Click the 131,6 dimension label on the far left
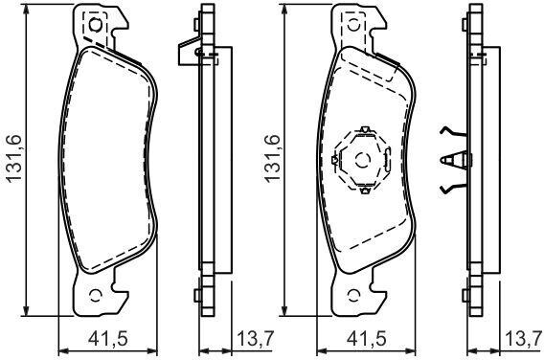(14, 158)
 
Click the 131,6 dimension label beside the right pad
(272, 158)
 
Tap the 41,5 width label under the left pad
(108, 339)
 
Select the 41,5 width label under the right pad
(367, 339)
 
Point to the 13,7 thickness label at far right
(524, 339)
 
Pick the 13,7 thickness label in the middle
(256, 339)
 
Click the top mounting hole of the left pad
(95, 25)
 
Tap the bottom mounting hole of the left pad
(95, 295)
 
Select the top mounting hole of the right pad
(353, 25)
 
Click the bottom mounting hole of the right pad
(353, 295)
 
